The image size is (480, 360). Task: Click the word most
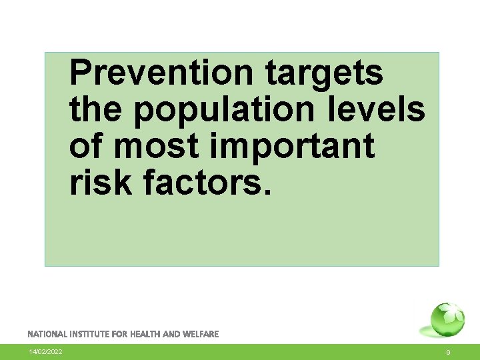[x=155, y=146]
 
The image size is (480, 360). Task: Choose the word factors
[x=203, y=182]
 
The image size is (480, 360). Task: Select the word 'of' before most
[x=85, y=146]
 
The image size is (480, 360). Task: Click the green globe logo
[x=447, y=321]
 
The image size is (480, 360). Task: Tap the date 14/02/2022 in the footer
[x=45, y=352]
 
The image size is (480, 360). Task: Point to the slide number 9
[x=449, y=352]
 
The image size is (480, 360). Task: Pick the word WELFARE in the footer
[x=201, y=334]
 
